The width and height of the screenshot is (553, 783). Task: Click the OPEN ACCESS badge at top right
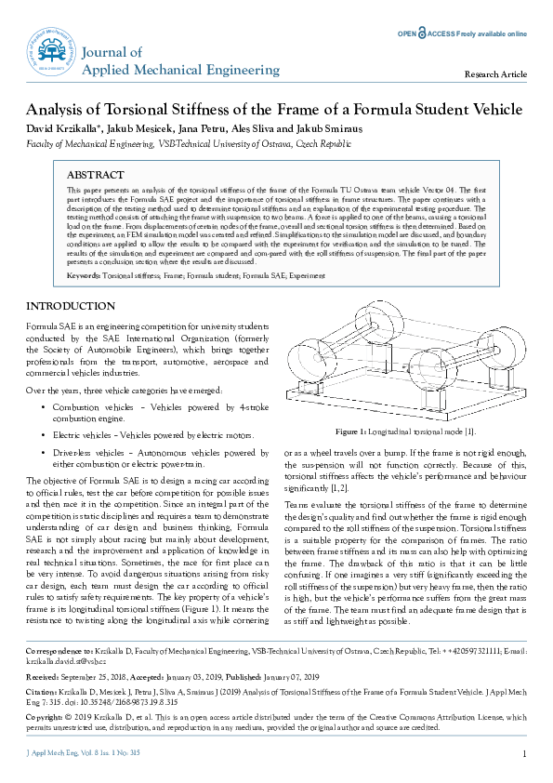pos(462,33)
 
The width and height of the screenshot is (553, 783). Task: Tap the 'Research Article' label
pos(496,74)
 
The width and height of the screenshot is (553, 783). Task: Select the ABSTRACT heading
pos(96,175)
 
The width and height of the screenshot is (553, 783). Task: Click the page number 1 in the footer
pos(525,754)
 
